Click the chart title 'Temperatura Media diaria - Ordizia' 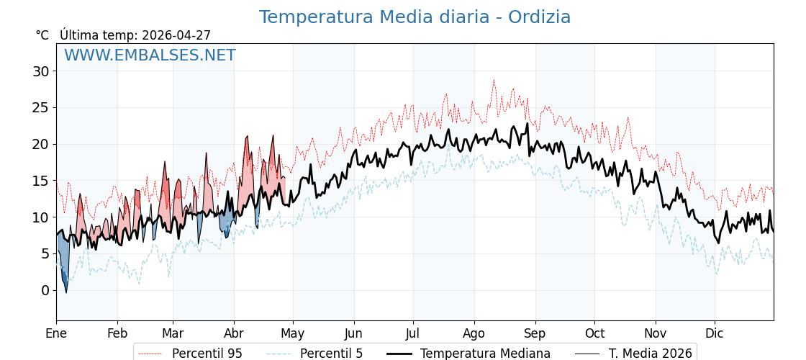[x=415, y=17]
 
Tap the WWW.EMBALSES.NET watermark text [x=150, y=55]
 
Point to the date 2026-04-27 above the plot [x=176, y=35]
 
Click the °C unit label [x=42, y=35]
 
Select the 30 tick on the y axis [x=40, y=71]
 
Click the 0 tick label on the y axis [x=45, y=290]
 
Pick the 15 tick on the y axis [x=40, y=181]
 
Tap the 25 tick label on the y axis [x=40, y=108]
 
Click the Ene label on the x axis [x=56, y=333]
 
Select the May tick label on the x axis [x=293, y=333]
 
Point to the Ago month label [x=474, y=333]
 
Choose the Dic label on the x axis [x=715, y=333]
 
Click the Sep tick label [x=535, y=333]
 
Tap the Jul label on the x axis [x=413, y=333]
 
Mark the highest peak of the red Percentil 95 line [x=494, y=80]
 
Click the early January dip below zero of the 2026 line [x=66, y=292]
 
